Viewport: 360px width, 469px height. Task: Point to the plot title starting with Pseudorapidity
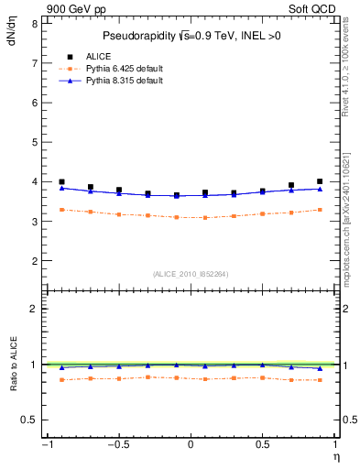191,36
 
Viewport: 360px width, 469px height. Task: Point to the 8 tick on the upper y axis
34,23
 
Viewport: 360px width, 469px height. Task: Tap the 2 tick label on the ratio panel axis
34,309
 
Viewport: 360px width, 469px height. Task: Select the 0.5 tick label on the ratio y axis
30,420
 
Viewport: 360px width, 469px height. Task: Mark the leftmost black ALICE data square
61,182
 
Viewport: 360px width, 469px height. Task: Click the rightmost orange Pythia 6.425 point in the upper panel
320,210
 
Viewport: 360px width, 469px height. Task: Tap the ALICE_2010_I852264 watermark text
191,274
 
